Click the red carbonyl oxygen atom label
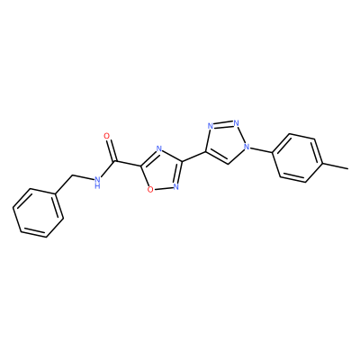tap(107, 136)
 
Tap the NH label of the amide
tap(96, 183)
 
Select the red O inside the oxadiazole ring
tap(150, 189)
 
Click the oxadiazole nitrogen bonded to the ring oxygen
tap(175, 187)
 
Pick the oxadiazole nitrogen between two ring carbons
tap(159, 149)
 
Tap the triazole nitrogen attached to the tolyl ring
tap(247, 147)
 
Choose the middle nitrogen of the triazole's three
tap(237, 123)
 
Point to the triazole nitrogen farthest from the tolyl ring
tap(211, 126)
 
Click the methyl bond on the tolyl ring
tap(336, 166)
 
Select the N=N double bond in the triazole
tap(223, 124)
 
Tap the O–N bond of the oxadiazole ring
tap(163, 188)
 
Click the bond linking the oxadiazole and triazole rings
tap(193, 157)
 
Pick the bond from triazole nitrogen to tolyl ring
tap(261, 150)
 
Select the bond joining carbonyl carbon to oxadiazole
tap(128, 164)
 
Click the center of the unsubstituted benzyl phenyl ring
tap(39, 213)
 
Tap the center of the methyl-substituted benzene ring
tap(298, 159)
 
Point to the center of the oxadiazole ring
tap(162, 171)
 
